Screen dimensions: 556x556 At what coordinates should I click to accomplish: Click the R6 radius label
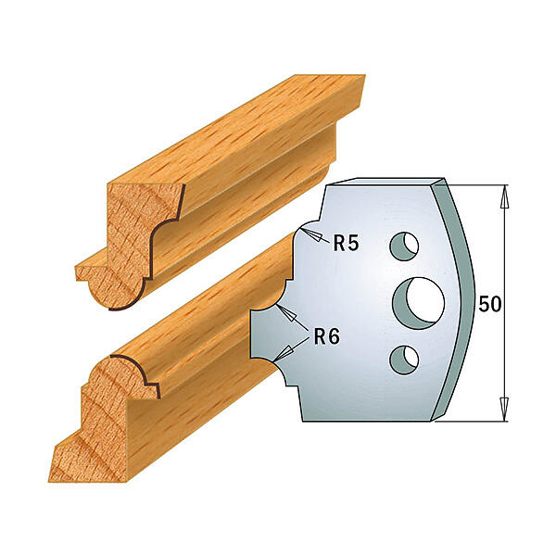(x=327, y=336)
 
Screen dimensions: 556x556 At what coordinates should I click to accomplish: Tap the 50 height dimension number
(x=490, y=304)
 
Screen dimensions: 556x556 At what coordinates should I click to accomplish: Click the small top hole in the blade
(x=404, y=246)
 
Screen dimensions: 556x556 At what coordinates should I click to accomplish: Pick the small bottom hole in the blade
(x=404, y=360)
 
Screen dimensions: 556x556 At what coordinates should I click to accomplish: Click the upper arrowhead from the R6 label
(x=287, y=313)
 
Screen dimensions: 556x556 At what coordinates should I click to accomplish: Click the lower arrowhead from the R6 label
(x=284, y=353)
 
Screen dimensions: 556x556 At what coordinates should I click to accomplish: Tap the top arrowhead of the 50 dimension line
(x=504, y=197)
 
